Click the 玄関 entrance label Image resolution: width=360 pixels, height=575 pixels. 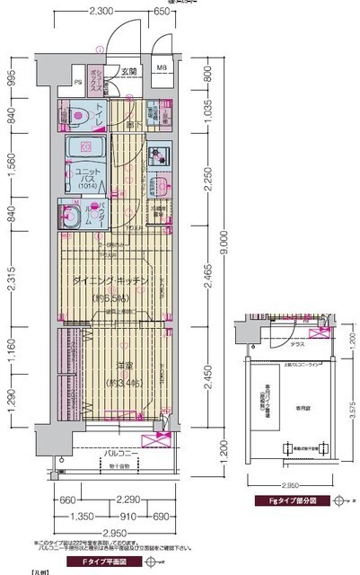click(130, 71)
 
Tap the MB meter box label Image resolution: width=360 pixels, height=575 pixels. click(162, 68)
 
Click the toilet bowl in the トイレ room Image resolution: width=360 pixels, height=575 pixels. click(80, 114)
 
